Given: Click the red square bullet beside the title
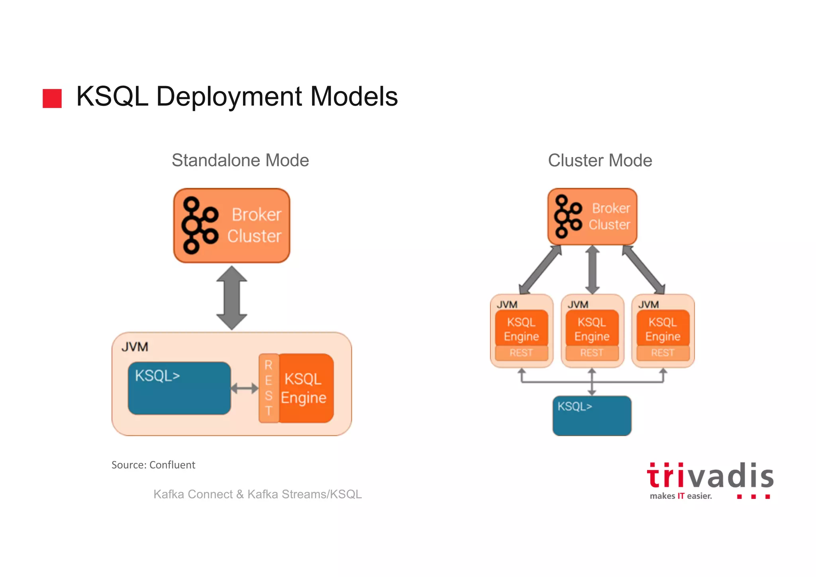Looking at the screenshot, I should (52, 98).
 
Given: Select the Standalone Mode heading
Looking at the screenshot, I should (240, 160).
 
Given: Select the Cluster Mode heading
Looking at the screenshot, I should (600, 160).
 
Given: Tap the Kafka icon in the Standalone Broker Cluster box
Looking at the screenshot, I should (199, 225).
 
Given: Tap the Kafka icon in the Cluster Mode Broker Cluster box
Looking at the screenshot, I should (567, 217).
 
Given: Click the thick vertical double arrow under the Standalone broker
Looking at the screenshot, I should (231, 298).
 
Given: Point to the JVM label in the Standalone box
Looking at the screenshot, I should (135, 347).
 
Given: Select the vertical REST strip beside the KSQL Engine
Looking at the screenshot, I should (269, 388).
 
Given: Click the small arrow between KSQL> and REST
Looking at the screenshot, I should (245, 388).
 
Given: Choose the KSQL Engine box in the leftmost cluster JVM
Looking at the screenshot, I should (521, 329).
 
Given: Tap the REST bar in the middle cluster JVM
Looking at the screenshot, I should (592, 353).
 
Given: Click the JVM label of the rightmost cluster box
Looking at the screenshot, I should (648, 305).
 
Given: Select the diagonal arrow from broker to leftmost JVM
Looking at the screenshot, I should (540, 270).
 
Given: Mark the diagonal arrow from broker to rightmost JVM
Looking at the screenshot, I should (643, 270).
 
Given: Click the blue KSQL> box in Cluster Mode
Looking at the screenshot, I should (592, 416).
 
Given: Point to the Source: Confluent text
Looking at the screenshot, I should (153, 465).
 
